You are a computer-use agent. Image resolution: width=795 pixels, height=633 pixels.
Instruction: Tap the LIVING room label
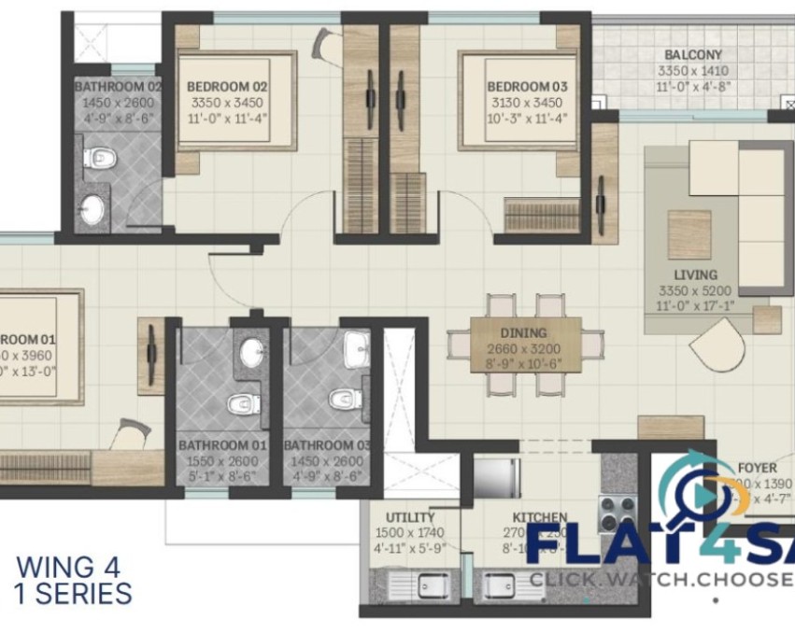[694, 274]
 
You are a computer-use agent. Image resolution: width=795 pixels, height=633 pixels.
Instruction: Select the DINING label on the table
[523, 332]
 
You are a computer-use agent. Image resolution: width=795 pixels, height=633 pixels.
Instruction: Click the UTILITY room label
[410, 517]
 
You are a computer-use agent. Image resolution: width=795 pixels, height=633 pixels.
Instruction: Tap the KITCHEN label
[540, 517]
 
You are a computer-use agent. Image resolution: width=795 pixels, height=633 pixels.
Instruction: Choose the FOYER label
[757, 468]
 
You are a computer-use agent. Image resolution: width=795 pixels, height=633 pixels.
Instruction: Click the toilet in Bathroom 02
[97, 159]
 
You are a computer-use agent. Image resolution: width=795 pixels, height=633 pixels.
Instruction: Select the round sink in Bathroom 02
[92, 209]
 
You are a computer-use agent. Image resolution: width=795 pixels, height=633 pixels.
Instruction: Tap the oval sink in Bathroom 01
[252, 353]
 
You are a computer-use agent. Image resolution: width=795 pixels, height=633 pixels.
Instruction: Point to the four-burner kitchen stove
[617, 512]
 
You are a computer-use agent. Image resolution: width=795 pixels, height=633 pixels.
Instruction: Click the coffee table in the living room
[689, 233]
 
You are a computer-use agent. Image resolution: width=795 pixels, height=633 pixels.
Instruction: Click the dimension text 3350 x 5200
[694, 289]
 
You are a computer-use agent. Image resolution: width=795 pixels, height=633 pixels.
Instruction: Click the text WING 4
[69, 567]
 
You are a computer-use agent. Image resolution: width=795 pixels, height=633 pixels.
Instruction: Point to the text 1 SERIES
[74, 592]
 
